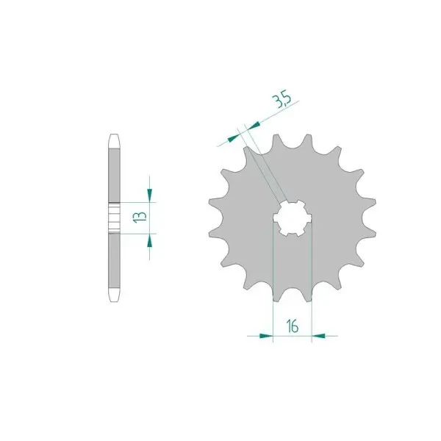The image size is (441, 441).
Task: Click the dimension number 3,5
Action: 282,101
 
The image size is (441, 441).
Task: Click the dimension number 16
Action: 293,326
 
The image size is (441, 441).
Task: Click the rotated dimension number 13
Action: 140,218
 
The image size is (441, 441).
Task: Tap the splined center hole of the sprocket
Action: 293,218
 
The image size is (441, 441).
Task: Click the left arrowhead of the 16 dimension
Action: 266,336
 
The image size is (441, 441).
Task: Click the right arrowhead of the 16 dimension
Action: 318,336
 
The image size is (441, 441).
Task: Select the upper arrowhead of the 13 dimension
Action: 149,196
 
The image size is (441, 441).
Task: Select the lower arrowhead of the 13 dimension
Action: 149,240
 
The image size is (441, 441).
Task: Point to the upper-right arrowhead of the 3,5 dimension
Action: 253,126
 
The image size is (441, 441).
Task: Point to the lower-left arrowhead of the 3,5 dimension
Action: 233,138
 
